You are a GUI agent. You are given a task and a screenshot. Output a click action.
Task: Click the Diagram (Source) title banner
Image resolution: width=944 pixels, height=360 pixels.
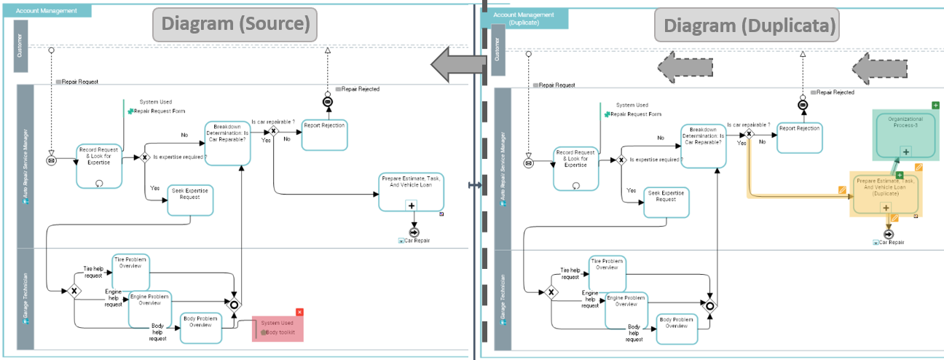click(x=235, y=23)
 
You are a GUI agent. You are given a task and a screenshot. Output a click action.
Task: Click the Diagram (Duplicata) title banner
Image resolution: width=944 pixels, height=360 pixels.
click(x=746, y=26)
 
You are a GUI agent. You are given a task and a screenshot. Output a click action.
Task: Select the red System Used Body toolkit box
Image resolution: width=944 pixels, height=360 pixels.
click(x=278, y=328)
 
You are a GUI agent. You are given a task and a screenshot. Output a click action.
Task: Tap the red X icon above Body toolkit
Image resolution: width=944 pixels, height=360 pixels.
click(x=299, y=313)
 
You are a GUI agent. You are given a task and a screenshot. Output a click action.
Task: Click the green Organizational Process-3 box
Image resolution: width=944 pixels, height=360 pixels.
click(x=905, y=134)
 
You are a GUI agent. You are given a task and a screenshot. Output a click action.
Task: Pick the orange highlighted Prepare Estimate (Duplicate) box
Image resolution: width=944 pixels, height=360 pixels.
click(x=886, y=194)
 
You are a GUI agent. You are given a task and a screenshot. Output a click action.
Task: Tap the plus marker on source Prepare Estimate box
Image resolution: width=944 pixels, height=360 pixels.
click(x=412, y=206)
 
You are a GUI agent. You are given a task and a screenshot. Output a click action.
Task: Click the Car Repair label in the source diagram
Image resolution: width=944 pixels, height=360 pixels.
click(x=415, y=240)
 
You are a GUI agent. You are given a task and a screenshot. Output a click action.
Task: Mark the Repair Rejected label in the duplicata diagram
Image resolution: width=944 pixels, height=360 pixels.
click(x=835, y=93)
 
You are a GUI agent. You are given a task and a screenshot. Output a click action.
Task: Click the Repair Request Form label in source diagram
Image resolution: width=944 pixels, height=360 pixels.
click(x=159, y=111)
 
